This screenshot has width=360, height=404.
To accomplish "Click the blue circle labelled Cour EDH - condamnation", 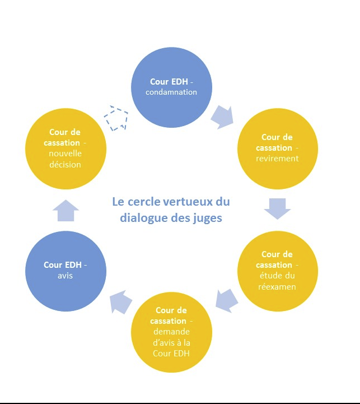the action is point(171,87).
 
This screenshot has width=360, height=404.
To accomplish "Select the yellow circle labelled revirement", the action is point(277,148).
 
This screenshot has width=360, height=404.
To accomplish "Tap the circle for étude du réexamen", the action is point(277,271).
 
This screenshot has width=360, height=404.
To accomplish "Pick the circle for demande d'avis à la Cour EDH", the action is point(171,332).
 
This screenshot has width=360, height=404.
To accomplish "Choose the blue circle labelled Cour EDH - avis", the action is point(66,271).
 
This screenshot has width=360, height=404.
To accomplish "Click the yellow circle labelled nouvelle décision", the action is point(66,148).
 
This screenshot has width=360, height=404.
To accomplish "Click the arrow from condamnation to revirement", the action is point(222,118).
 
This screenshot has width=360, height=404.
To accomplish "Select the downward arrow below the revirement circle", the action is point(277,208).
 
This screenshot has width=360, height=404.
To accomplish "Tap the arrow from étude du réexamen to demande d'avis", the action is point(227,301).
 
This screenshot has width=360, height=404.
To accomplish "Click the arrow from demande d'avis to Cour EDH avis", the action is point(120,301).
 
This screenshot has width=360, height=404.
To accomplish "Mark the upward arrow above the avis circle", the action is point(66,210).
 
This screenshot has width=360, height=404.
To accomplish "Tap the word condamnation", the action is point(171,92).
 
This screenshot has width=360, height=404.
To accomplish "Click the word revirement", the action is point(277,159).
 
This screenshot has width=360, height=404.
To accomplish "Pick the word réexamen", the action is point(277,286).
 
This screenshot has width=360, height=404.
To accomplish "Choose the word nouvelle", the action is point(65,154).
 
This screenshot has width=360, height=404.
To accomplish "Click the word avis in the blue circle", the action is point(65,276).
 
